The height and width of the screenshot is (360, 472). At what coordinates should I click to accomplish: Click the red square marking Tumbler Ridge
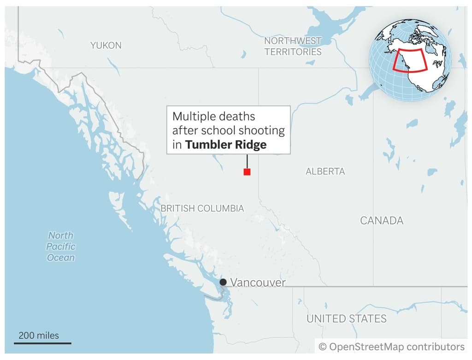pos(247,172)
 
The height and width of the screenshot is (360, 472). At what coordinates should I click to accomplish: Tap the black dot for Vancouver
pos(223,282)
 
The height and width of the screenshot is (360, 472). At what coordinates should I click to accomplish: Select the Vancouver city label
pos(258,283)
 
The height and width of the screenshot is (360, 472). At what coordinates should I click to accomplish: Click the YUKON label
pos(106,45)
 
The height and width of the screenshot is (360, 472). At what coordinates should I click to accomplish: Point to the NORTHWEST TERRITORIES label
pos(293,47)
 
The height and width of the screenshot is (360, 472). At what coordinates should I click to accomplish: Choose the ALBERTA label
pos(325,171)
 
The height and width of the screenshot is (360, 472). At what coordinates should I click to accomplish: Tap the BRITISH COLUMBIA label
pos(202,208)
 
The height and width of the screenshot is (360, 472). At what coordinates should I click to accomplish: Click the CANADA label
pos(381,220)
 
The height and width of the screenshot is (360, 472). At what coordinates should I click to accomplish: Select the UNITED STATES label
pos(346,319)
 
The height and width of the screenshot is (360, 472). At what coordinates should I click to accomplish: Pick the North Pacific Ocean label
pos(60,246)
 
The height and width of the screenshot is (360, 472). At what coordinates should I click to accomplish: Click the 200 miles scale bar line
pos(45,343)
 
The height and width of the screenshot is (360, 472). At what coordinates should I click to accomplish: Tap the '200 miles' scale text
pos(39,335)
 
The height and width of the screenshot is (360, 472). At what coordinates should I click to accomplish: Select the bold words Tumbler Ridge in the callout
pos(226,145)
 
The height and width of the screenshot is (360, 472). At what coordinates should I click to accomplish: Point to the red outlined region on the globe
pos(410,60)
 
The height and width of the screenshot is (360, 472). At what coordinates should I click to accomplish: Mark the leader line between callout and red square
pos(247,161)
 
